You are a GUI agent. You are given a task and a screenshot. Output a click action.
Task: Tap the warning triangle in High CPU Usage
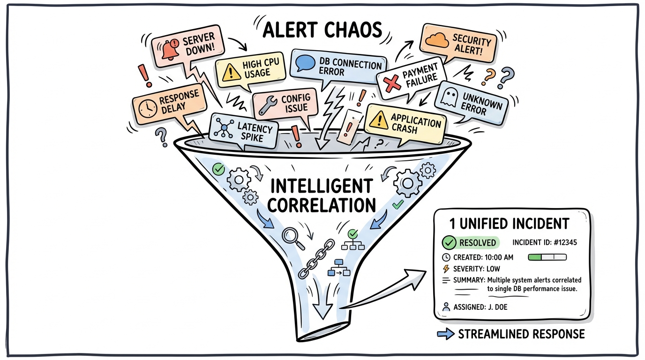pos(231,72)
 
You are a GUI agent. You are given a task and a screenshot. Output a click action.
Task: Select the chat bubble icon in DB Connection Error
pos(305,63)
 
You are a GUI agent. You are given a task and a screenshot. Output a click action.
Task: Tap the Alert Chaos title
pos(322,30)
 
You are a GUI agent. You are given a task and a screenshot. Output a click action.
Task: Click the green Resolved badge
pos(471,242)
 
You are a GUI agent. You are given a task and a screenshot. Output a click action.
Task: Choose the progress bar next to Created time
pos(547,257)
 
